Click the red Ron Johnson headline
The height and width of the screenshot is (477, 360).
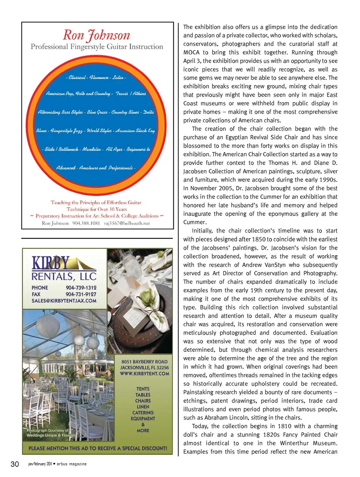pyautogui.click(x=96, y=35)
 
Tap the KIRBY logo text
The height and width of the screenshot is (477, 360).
pyautogui.click(x=51, y=263)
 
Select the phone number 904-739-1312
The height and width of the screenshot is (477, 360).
pyautogui.click(x=81, y=287)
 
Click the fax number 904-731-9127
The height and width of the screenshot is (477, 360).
pyautogui.click(x=81, y=294)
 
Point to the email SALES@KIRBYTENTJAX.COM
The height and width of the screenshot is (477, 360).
pyautogui.click(x=64, y=301)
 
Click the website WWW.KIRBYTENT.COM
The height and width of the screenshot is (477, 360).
pyautogui.click(x=144, y=374)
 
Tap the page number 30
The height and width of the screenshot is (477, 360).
pyautogui.click(x=15, y=464)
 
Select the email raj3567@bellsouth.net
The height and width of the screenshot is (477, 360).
pyautogui.click(x=127, y=223)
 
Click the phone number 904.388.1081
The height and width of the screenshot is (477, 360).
pyautogui.click(x=86, y=223)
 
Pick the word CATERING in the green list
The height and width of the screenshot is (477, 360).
pyautogui.click(x=143, y=413)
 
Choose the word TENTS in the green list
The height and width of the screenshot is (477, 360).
pyautogui.click(x=143, y=389)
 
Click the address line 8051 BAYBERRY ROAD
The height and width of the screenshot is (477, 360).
pyautogui.click(x=144, y=362)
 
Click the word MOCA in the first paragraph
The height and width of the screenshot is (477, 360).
pyautogui.click(x=191, y=52)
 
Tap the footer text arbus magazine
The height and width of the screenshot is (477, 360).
pyautogui.click(x=72, y=464)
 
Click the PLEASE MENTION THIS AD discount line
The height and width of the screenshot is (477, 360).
pyautogui.click(x=97, y=448)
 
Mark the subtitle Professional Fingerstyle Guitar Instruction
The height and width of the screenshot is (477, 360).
pyautogui.click(x=97, y=47)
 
